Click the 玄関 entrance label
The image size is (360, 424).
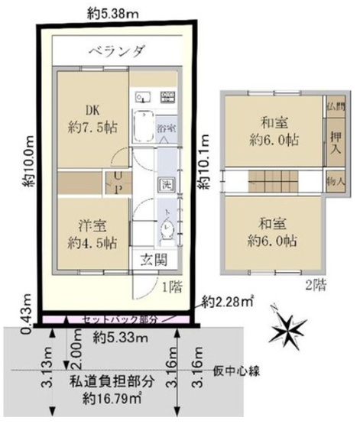coord(153,259)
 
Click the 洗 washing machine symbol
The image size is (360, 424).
coord(166,184)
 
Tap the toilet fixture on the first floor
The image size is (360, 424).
coord(167,227)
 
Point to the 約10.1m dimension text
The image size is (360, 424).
coord(203,163)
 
